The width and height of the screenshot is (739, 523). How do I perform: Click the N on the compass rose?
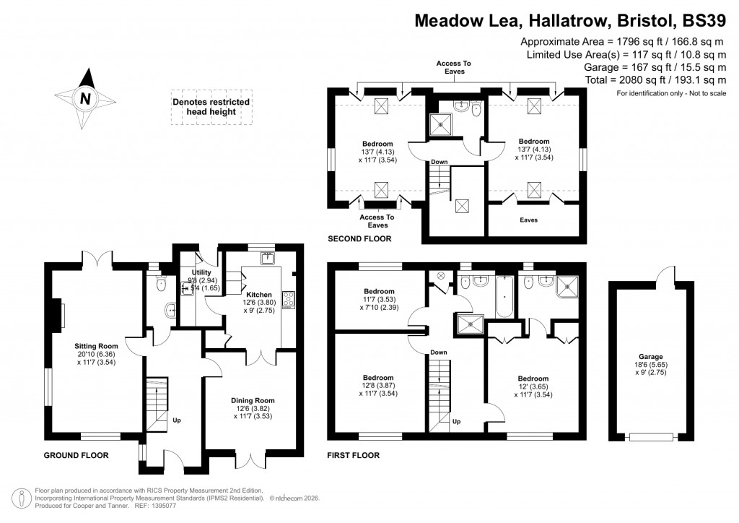coord(85,100)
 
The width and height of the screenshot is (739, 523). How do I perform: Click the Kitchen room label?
coord(259,295)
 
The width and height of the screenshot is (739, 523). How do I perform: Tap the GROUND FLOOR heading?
coord(76,456)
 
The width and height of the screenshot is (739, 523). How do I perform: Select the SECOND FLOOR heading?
coord(359,238)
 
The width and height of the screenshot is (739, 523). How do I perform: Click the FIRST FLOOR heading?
coord(354,456)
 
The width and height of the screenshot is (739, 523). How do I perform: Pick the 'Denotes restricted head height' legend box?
coord(211,108)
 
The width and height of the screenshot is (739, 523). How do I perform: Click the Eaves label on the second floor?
coord(529,220)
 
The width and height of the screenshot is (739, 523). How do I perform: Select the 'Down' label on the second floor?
coord(440,162)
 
